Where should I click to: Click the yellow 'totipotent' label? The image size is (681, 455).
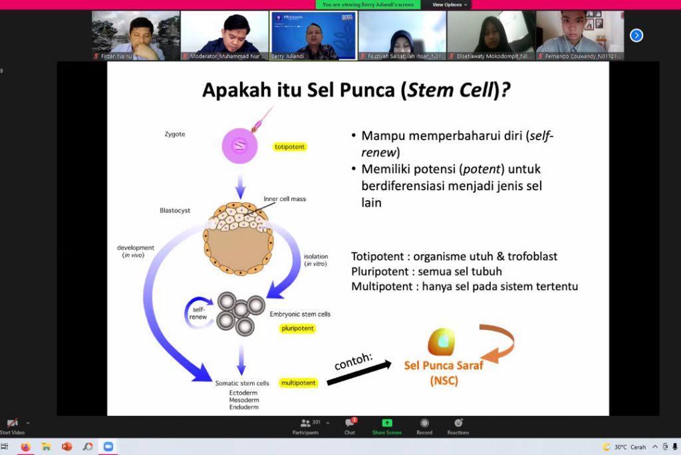pos(290,146)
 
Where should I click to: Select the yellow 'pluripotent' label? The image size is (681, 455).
pos(297,329)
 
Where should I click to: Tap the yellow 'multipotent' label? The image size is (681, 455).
pos(298,383)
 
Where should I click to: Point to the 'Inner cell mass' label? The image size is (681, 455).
pos(285,199)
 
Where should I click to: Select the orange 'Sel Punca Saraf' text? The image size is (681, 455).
pos(444,365)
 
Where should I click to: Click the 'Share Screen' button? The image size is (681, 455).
pos(386,426)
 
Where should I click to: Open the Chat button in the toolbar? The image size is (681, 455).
pos(350,426)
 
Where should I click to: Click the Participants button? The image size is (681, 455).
pos(306,426)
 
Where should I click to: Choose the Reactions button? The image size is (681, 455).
pos(458,426)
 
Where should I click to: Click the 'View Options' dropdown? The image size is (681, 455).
pos(450,5)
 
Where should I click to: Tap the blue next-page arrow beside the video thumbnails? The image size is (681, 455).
pos(636,35)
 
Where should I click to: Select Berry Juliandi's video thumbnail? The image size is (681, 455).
pos(313,35)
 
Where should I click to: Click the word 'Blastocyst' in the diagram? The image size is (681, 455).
pos(175,210)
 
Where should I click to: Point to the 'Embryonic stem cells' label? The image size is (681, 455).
pos(300,314)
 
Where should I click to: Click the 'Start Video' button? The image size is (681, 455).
pos(12,426)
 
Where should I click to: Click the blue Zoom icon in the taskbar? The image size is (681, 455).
pos(108,447)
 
